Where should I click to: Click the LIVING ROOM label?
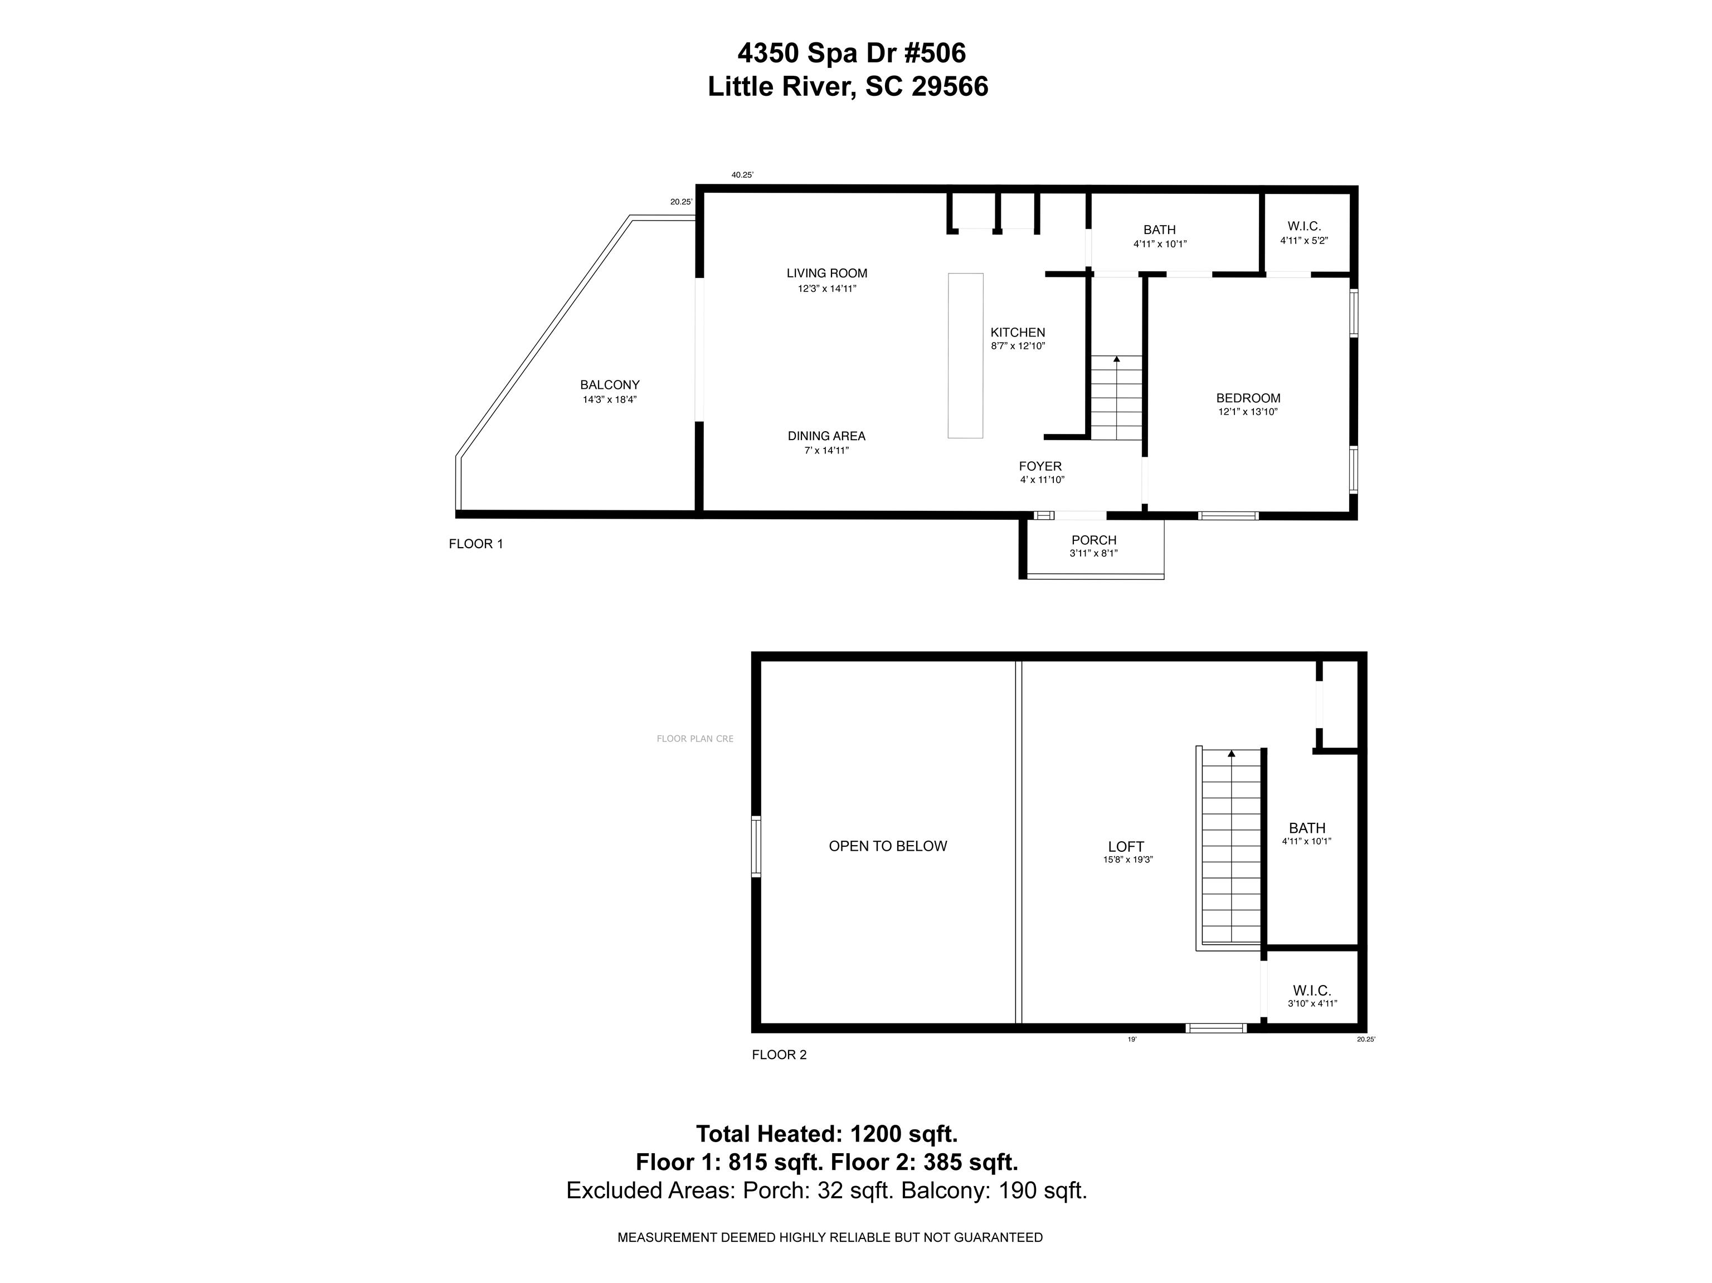[x=826, y=273]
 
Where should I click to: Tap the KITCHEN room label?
[x=1018, y=333]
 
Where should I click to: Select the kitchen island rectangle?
[x=965, y=356]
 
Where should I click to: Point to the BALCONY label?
[x=610, y=384]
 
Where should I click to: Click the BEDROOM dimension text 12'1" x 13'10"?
[x=1248, y=412]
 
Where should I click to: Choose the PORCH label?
[x=1093, y=540]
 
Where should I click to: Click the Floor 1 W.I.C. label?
[x=1304, y=227]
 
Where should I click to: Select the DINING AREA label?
[x=826, y=436]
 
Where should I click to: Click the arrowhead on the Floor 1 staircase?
[x=1116, y=359]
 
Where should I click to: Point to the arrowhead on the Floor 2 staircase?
[x=1232, y=753]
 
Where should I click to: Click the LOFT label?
[x=1126, y=847]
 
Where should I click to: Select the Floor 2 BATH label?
[x=1307, y=828]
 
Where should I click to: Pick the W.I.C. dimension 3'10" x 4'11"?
[x=1312, y=1004]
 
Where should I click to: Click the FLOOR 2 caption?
[x=780, y=1055]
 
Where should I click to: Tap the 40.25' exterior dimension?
[x=742, y=175]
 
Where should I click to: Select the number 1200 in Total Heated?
[x=876, y=1134]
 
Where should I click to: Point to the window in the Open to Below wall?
[x=757, y=847]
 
